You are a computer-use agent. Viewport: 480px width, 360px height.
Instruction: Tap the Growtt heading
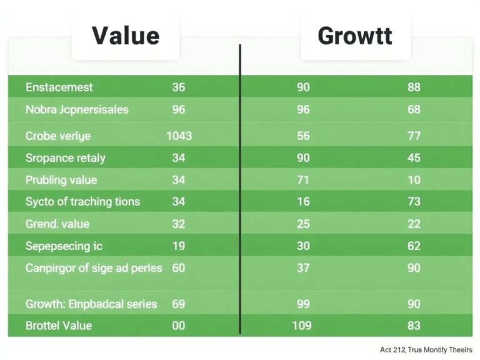click(x=354, y=36)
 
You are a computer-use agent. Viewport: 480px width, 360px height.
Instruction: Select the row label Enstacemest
click(x=59, y=87)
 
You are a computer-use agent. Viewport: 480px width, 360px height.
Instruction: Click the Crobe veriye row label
click(x=58, y=136)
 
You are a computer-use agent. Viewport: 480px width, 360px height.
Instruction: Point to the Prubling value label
click(x=61, y=180)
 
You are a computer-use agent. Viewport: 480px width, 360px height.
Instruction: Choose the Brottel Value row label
click(x=59, y=326)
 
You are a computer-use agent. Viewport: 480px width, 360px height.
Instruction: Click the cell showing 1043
click(x=179, y=136)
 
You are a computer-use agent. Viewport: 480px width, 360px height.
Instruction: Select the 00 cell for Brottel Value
click(x=178, y=326)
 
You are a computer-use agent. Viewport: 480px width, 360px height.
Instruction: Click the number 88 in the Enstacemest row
click(x=414, y=87)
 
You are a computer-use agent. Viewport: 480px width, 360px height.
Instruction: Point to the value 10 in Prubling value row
click(x=414, y=180)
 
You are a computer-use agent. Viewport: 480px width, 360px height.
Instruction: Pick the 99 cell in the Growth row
click(x=303, y=304)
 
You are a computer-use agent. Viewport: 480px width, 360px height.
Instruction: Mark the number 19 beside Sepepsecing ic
click(x=178, y=246)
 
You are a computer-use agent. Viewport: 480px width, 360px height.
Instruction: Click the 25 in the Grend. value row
click(x=303, y=224)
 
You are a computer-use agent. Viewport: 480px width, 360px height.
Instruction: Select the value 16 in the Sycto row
click(x=303, y=201)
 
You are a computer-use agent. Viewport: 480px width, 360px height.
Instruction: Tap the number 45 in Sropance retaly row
click(x=414, y=158)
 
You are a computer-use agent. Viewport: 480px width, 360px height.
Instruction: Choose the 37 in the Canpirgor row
click(x=303, y=268)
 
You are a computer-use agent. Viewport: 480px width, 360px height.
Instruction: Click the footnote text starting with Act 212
click(x=426, y=349)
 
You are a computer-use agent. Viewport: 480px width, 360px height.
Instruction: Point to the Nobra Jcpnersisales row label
click(x=77, y=109)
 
